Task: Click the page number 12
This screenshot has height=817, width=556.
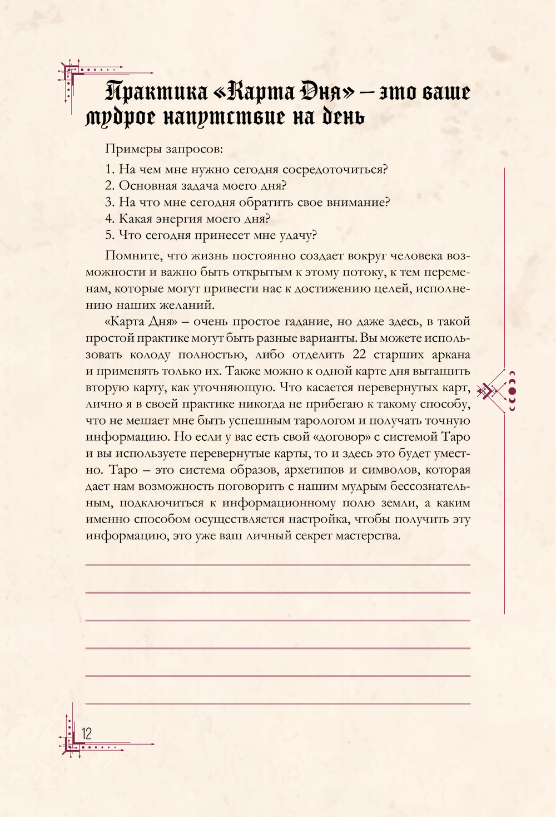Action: tap(87, 733)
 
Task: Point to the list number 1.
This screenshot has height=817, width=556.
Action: tap(109, 170)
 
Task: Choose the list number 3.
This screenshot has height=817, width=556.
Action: tap(109, 203)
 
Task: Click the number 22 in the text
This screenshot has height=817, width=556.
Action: tap(359, 355)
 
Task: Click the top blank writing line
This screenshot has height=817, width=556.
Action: tap(278, 565)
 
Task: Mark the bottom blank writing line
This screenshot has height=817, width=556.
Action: tap(278, 703)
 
